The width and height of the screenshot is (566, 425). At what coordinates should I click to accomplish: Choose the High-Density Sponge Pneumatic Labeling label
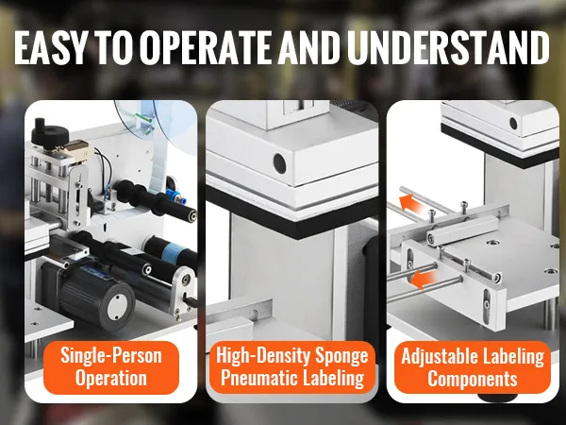(291, 367)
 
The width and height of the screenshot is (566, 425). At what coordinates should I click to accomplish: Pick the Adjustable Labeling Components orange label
(473, 367)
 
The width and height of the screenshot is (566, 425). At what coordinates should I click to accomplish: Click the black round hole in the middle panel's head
(279, 162)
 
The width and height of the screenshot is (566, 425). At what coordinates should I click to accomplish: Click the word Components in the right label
(473, 379)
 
